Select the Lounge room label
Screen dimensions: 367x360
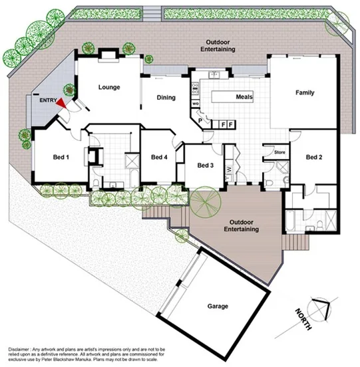coord(108,87)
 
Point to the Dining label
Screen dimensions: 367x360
coord(166,98)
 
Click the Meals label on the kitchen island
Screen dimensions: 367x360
coord(244,97)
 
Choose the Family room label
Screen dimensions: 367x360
coord(305,92)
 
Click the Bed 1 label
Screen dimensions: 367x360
coord(61,158)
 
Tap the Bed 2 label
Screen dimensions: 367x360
coord(314,158)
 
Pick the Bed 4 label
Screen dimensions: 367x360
coord(158,158)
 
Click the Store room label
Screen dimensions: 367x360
coord(279,152)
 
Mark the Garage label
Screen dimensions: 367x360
coord(217,306)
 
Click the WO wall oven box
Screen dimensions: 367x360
coord(196,104)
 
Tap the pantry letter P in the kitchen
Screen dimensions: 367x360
coord(200,122)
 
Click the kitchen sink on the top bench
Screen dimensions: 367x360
coord(216,74)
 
